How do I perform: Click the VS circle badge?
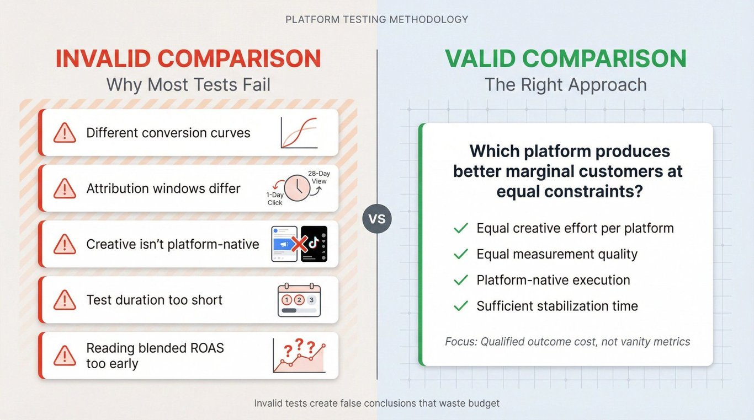pyautogui.click(x=377, y=219)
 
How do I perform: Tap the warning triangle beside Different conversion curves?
pyautogui.click(x=65, y=133)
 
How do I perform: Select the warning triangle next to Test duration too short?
pyautogui.click(x=65, y=300)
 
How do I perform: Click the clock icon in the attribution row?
pyautogui.click(x=297, y=188)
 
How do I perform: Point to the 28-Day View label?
pyautogui.click(x=319, y=177)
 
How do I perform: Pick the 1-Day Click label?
pyautogui.click(x=275, y=198)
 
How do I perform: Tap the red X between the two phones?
pyautogui.click(x=299, y=244)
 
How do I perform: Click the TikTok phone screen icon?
pyautogui.click(x=314, y=244)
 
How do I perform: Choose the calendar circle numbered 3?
pyautogui.click(x=311, y=300)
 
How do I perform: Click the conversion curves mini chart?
pyautogui.click(x=299, y=133)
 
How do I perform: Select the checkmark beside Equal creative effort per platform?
pyautogui.click(x=461, y=228)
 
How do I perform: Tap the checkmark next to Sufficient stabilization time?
pyautogui.click(x=461, y=306)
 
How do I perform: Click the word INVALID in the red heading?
pyautogui.click(x=103, y=58)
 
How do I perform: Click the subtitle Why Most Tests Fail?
pyautogui.click(x=189, y=84)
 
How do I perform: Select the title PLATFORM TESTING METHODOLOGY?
pyautogui.click(x=376, y=19)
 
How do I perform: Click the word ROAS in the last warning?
pyautogui.click(x=207, y=348)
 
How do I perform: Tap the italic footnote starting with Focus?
pyautogui.click(x=567, y=342)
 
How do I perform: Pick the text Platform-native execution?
pyautogui.click(x=554, y=280)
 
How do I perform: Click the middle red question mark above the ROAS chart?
pyautogui.click(x=299, y=344)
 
